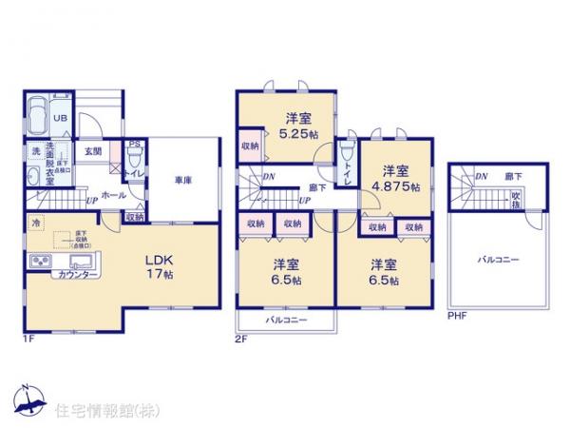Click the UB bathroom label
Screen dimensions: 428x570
coord(59,118)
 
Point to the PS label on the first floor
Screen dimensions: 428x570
coord(134,146)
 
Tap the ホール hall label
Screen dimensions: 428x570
coord(113,193)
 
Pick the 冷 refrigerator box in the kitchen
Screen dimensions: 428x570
coord(36,224)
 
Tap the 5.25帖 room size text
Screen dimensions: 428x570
coord(299,136)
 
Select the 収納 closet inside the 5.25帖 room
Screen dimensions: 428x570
coord(250,146)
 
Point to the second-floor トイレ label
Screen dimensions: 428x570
coord(348,174)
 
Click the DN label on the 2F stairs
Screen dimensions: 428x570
coord(269,177)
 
